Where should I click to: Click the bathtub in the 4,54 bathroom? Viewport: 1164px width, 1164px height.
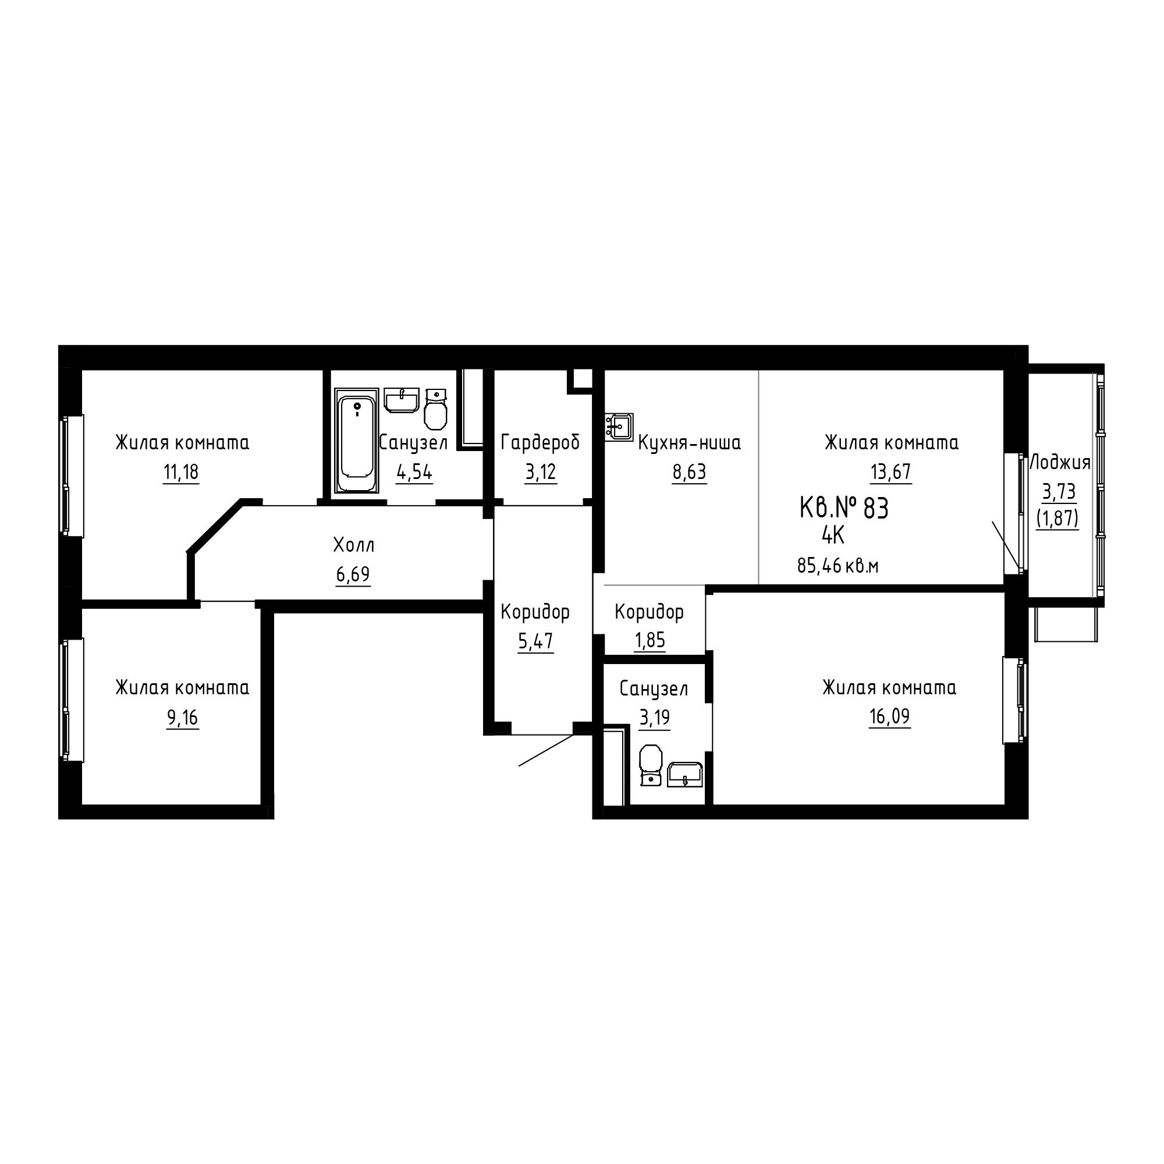[x=356, y=441]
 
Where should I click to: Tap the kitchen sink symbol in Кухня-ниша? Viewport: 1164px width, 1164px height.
[x=619, y=427]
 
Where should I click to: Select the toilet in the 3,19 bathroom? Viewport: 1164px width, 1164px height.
[x=650, y=766]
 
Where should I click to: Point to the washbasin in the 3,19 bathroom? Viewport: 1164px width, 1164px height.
[x=685, y=775]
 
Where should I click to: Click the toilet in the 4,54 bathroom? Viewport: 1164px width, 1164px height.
[x=435, y=409]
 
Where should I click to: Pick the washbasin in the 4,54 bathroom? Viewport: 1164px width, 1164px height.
[x=401, y=400]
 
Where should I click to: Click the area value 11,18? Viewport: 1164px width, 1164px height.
[x=181, y=473]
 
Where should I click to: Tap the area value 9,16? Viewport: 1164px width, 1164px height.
[x=183, y=718]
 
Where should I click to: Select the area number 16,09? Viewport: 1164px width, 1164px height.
[x=889, y=717]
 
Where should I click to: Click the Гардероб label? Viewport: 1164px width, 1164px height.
[x=540, y=443]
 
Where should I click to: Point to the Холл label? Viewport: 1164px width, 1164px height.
[x=354, y=546]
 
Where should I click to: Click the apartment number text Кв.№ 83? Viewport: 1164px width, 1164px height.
[x=843, y=509]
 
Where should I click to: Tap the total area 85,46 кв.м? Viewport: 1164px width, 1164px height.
[x=837, y=566]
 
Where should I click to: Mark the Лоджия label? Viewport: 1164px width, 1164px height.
[x=1060, y=463]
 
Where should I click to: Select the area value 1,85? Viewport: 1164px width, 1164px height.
[x=650, y=640]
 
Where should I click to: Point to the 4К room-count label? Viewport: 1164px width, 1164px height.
[x=833, y=535]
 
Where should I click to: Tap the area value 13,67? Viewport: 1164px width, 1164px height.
[x=890, y=472]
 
